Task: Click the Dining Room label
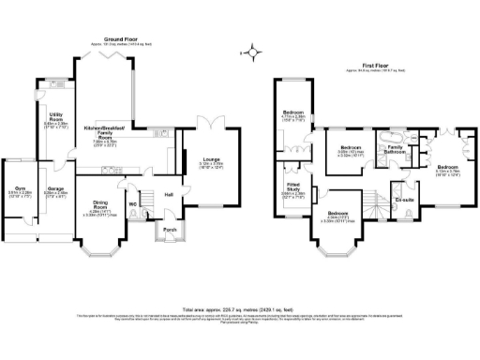[101, 206]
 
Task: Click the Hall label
[170, 194]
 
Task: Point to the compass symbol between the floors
[248, 52]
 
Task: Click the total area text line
[240, 308]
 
